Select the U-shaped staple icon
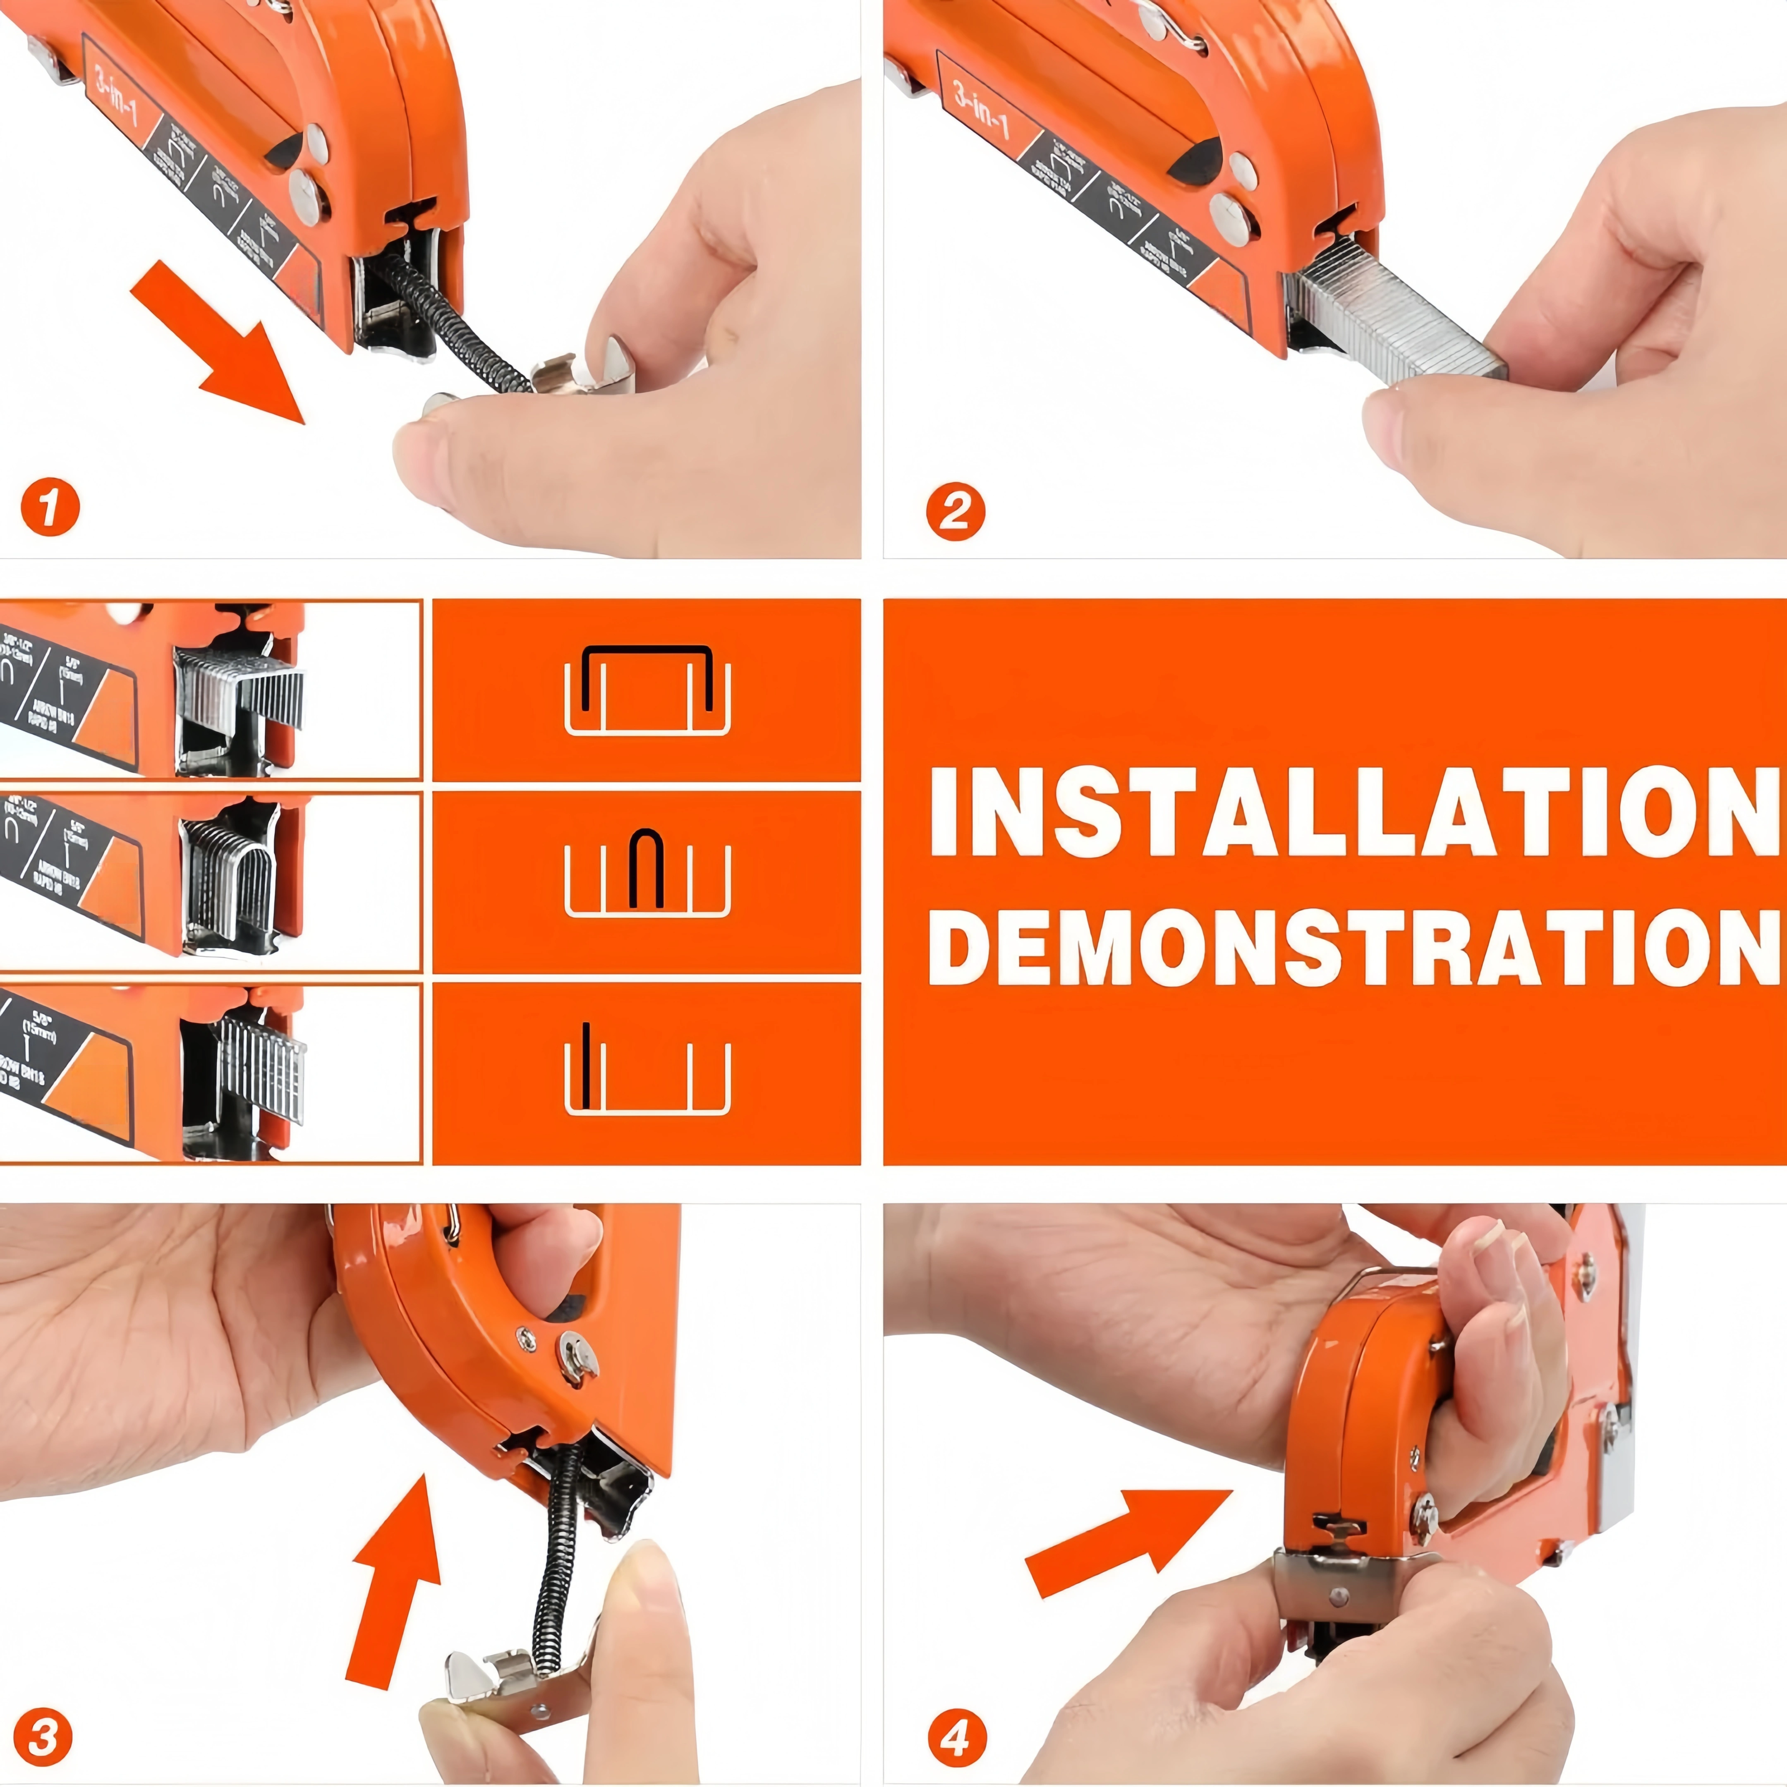coord(647,879)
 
